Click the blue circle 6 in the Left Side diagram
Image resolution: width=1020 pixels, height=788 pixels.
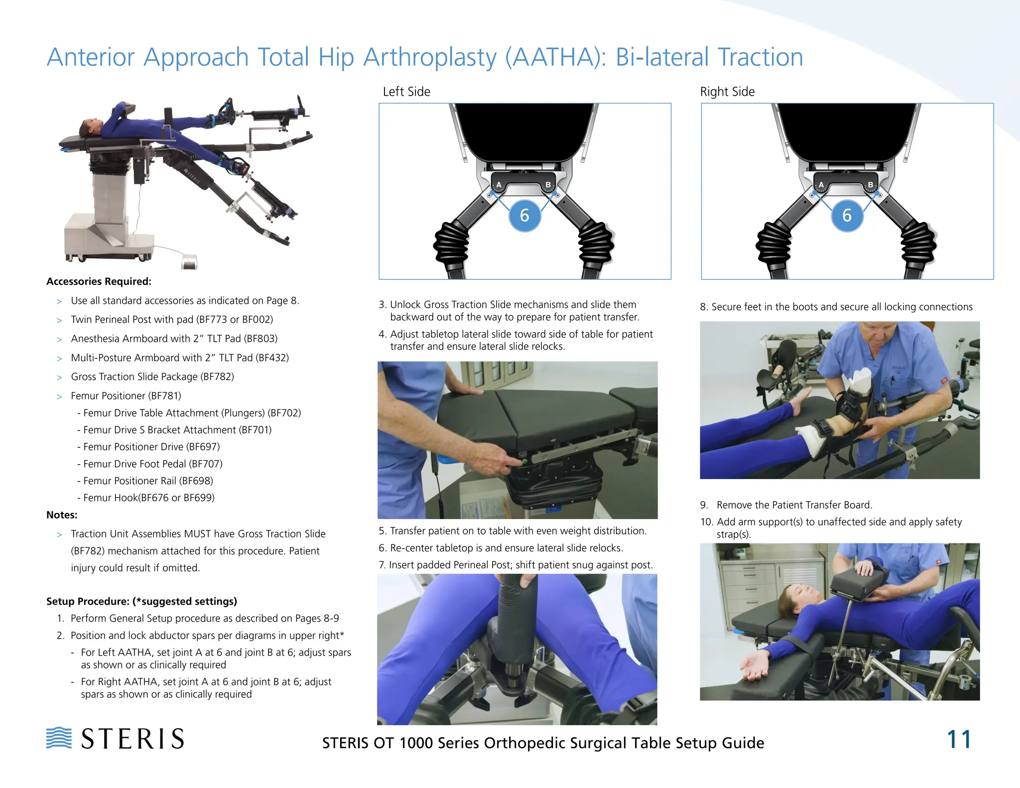coord(524,216)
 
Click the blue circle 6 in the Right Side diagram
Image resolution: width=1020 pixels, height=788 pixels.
coord(847,216)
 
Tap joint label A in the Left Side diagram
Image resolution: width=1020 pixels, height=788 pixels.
coord(499,185)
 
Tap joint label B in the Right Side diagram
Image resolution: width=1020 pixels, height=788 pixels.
coord(870,185)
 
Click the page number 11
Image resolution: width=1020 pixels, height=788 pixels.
coord(958,740)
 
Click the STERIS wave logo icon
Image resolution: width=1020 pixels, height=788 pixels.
coord(59,738)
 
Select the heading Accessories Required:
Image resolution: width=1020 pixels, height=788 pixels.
coord(99,281)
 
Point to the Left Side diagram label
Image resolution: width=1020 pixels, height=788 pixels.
coord(406,92)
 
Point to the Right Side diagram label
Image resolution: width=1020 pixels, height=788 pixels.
coord(727,92)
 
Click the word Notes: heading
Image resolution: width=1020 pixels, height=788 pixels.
coord(62,515)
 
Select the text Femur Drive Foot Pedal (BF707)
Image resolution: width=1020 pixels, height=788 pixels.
coord(152,464)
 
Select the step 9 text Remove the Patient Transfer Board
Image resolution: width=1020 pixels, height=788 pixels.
coord(794,505)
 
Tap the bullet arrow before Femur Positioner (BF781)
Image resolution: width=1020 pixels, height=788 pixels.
coord(59,396)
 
